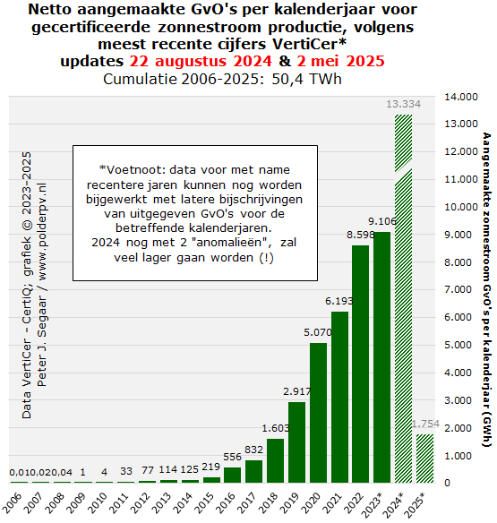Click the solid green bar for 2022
(x=360, y=364)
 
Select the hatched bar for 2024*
(x=403, y=298)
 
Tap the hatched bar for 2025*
(x=425, y=459)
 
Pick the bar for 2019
(x=296, y=442)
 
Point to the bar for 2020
(x=318, y=413)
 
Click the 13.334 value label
(x=403, y=104)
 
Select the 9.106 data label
(x=381, y=221)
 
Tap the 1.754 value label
(x=425, y=424)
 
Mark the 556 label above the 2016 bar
(x=232, y=457)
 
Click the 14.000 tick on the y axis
(x=461, y=97)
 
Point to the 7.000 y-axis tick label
(x=458, y=289)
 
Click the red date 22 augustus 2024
(x=201, y=61)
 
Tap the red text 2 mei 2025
(x=340, y=61)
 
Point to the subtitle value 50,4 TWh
(x=306, y=79)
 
